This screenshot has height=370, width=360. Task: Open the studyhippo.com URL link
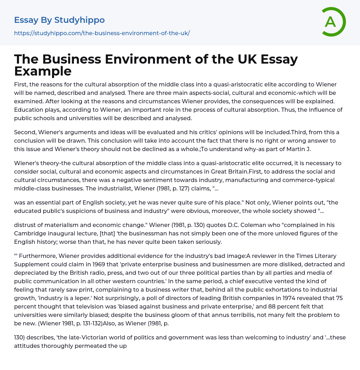pyautogui.click(x=102, y=33)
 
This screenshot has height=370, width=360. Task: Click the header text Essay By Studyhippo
pyautogui.click(x=59, y=20)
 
